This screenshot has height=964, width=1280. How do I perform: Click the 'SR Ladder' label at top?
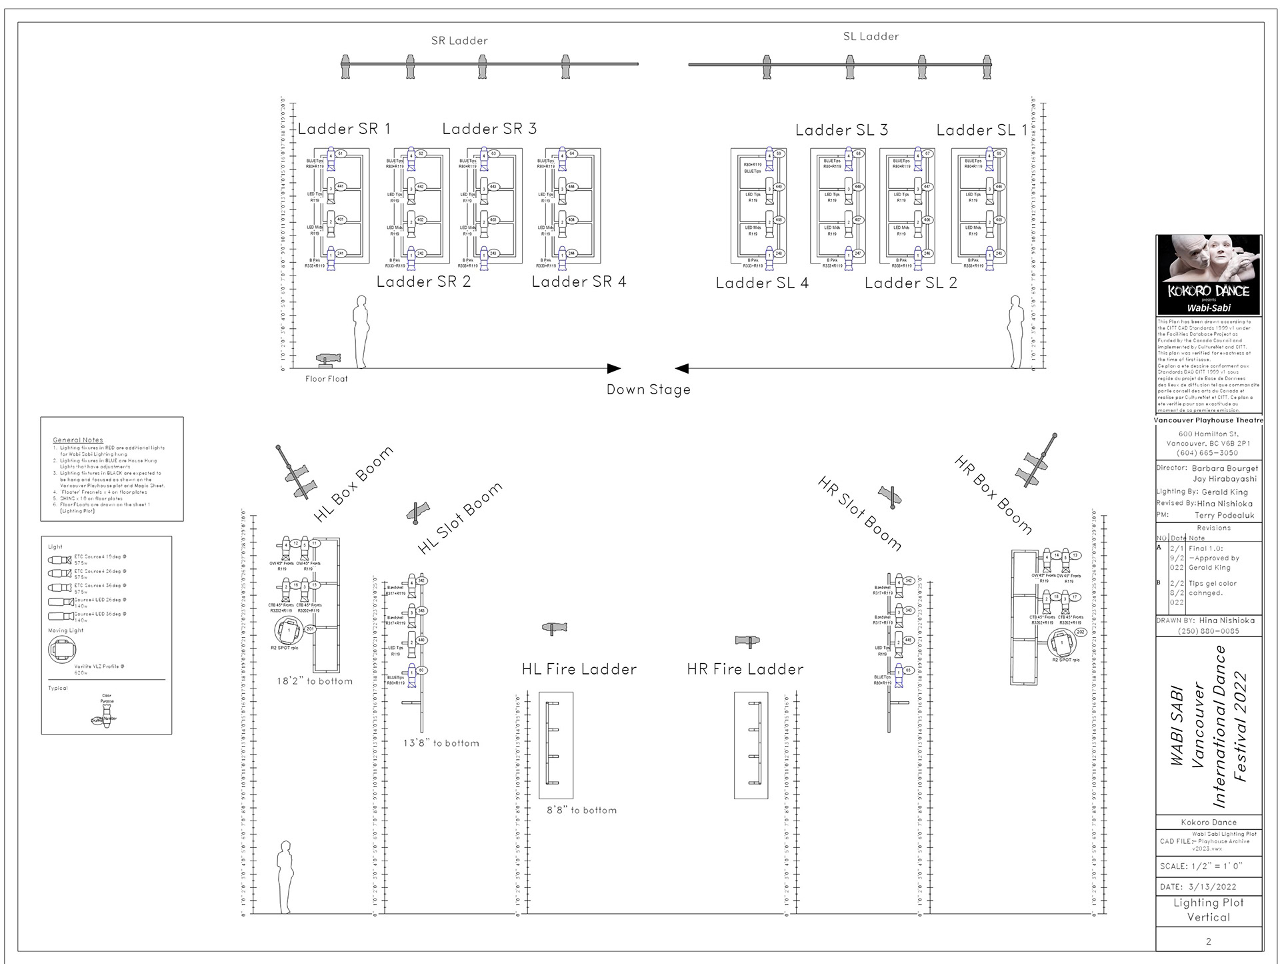459,41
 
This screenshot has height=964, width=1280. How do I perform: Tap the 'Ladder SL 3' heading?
841,130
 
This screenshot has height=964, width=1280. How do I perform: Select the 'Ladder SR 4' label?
579,282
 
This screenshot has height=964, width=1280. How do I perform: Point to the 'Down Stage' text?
648,390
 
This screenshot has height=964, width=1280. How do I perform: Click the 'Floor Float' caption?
327,379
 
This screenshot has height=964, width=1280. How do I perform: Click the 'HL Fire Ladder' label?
579,669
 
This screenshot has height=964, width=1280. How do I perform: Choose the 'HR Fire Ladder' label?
745,669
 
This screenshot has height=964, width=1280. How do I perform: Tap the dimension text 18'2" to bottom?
315,681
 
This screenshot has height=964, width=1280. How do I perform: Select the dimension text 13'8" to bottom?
441,743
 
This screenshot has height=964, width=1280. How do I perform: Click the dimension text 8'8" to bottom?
581,811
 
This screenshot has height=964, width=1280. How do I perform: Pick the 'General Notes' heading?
78,440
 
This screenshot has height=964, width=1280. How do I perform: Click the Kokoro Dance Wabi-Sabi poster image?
1209,274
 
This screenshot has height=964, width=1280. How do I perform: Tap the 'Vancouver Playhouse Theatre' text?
1209,420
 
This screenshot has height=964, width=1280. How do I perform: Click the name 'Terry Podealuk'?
1224,516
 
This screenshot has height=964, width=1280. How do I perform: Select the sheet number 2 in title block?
1209,941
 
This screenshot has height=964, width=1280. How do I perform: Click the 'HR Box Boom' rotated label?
993,495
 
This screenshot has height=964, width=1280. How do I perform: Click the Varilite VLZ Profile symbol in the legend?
62,648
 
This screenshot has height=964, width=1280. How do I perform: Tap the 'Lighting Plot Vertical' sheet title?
1209,910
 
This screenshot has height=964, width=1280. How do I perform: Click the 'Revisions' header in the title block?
1213,528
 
